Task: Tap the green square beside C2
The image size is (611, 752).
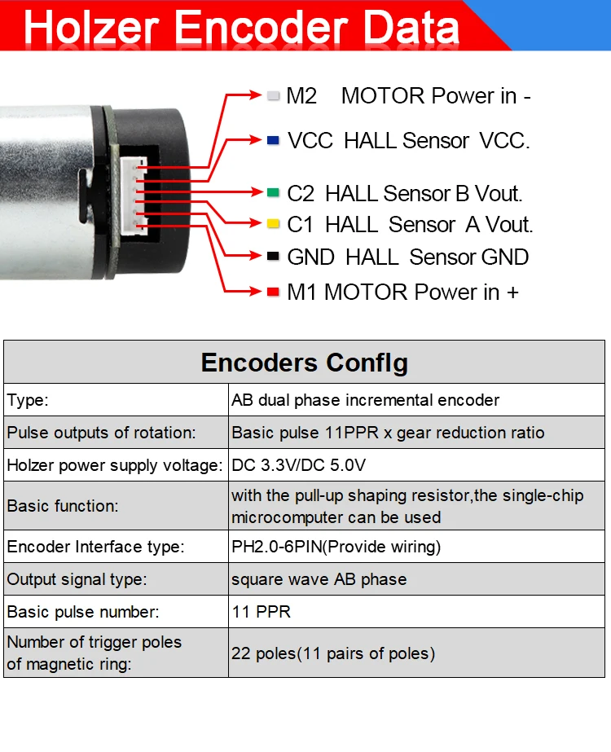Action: coord(273,193)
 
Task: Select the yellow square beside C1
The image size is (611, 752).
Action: coord(273,223)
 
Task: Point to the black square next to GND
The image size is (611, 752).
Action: coord(273,257)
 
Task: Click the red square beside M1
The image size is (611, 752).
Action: coord(273,291)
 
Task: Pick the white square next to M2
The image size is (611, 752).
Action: coord(273,95)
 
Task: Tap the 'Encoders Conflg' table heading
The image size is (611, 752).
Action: coord(305,363)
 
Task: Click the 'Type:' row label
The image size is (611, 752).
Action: coord(28,400)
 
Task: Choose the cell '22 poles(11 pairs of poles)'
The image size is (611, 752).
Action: coord(333,653)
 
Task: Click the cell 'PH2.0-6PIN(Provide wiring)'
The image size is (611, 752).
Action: coord(336,547)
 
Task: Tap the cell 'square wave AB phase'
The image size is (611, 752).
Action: coord(319,580)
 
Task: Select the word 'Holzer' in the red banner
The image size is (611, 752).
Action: coord(95,28)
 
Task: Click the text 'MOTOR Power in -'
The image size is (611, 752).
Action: coord(436,96)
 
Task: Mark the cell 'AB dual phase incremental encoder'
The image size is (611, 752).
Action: coord(365,400)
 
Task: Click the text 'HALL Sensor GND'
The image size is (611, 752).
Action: coord(437,257)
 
